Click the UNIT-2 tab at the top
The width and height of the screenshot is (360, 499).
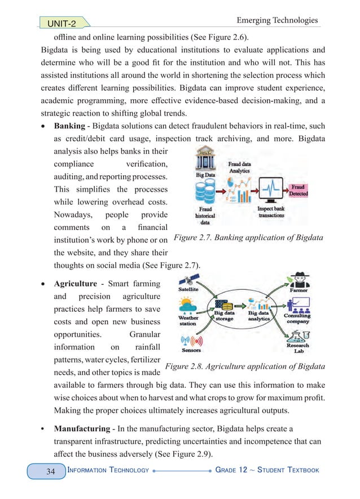coord(59,23)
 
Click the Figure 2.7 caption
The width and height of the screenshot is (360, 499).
coord(248,238)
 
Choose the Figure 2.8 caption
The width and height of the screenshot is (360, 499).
coord(244,366)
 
